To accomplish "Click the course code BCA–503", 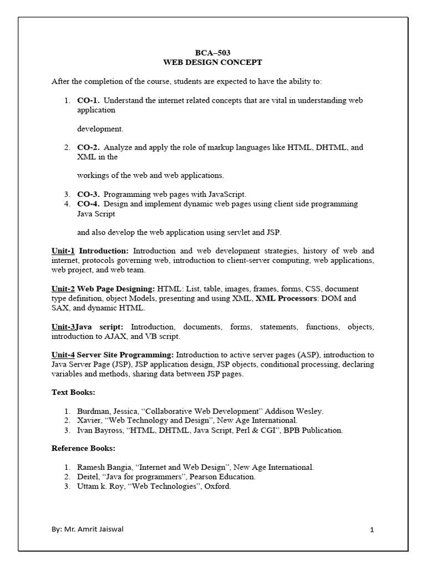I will pos(213,53).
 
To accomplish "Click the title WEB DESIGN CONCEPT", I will pos(213,63).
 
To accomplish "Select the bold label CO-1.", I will pos(89,100).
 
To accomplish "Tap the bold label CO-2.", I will pos(89,148).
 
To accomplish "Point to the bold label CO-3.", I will pos(89,194).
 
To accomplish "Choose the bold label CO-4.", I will pos(89,204).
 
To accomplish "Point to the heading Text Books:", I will pos(74,392).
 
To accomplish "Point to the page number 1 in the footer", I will pos(373,530).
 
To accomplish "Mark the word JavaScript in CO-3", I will pos(226,194).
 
